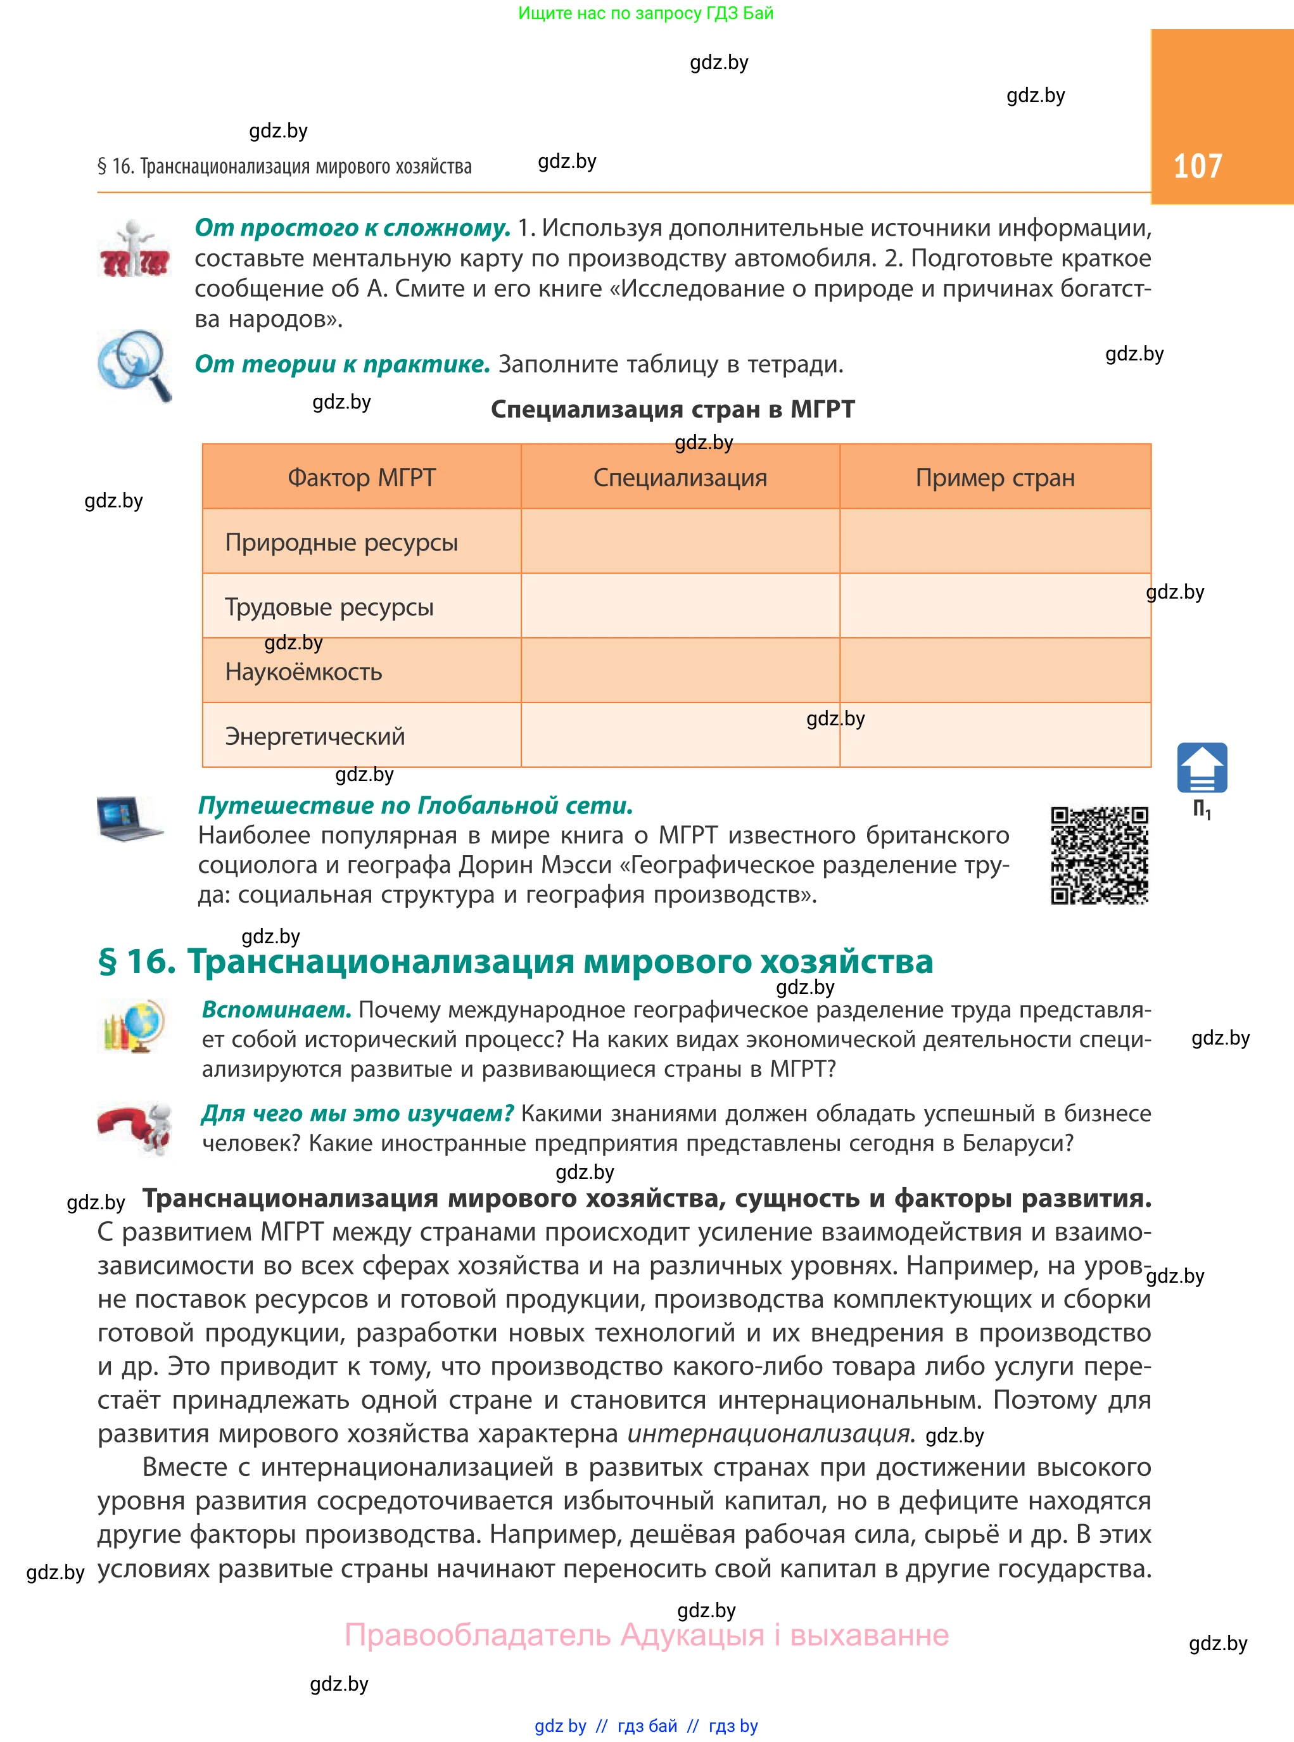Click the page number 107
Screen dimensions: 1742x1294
[x=1197, y=166]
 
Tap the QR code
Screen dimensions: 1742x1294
[x=1099, y=855]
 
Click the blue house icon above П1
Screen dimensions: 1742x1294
[x=1202, y=768]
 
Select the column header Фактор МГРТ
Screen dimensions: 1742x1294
[x=361, y=477]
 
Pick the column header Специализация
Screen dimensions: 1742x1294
[x=680, y=477]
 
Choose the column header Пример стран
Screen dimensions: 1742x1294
[x=995, y=477]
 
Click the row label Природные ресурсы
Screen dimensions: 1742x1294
[x=341, y=542]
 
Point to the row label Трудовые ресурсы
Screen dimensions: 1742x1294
[x=329, y=607]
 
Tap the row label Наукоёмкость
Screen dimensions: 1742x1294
[x=303, y=671]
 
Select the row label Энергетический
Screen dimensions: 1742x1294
[x=315, y=736]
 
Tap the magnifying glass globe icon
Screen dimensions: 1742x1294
[x=134, y=365]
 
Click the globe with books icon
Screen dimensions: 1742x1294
[x=134, y=1026]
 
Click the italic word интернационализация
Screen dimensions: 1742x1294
[x=768, y=1434]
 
